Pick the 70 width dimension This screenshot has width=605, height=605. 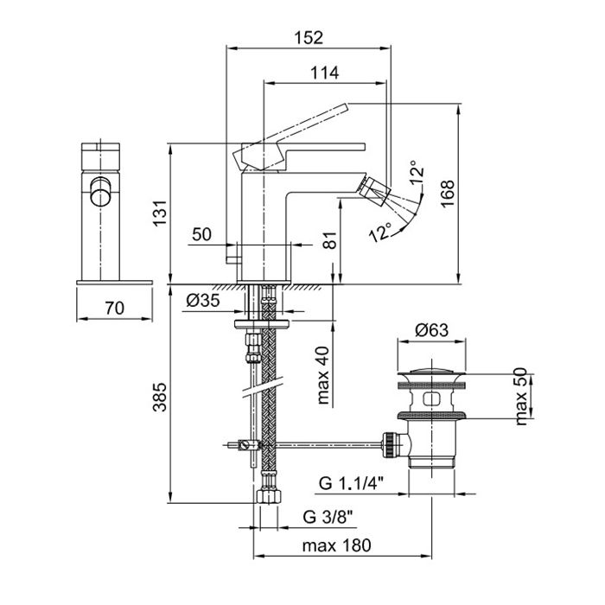114,307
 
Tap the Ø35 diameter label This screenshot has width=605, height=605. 203,302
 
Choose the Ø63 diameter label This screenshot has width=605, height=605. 430,329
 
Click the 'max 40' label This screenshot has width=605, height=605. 322,374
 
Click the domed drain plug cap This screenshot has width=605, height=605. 430,372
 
